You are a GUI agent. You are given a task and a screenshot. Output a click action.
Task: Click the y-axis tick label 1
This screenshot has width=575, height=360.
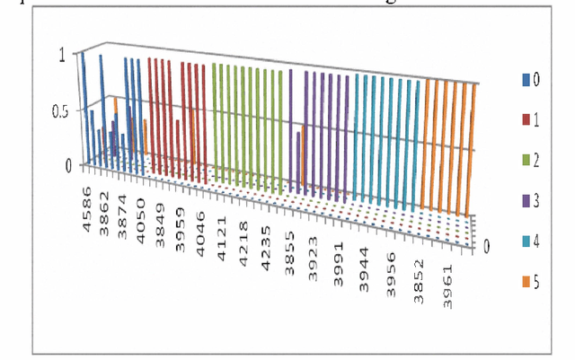pyautogui.click(x=61, y=54)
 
